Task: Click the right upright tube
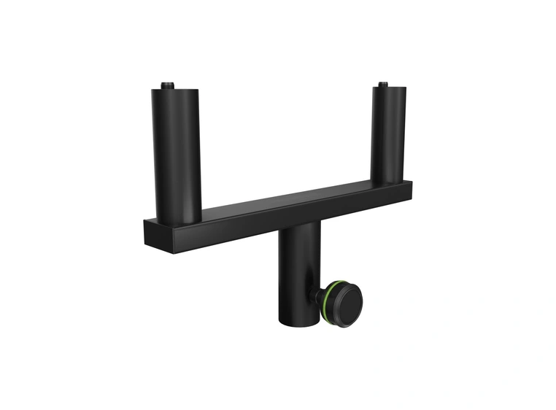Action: point(390,131)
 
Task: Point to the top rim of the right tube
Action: point(390,88)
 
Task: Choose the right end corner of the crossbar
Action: point(411,187)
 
